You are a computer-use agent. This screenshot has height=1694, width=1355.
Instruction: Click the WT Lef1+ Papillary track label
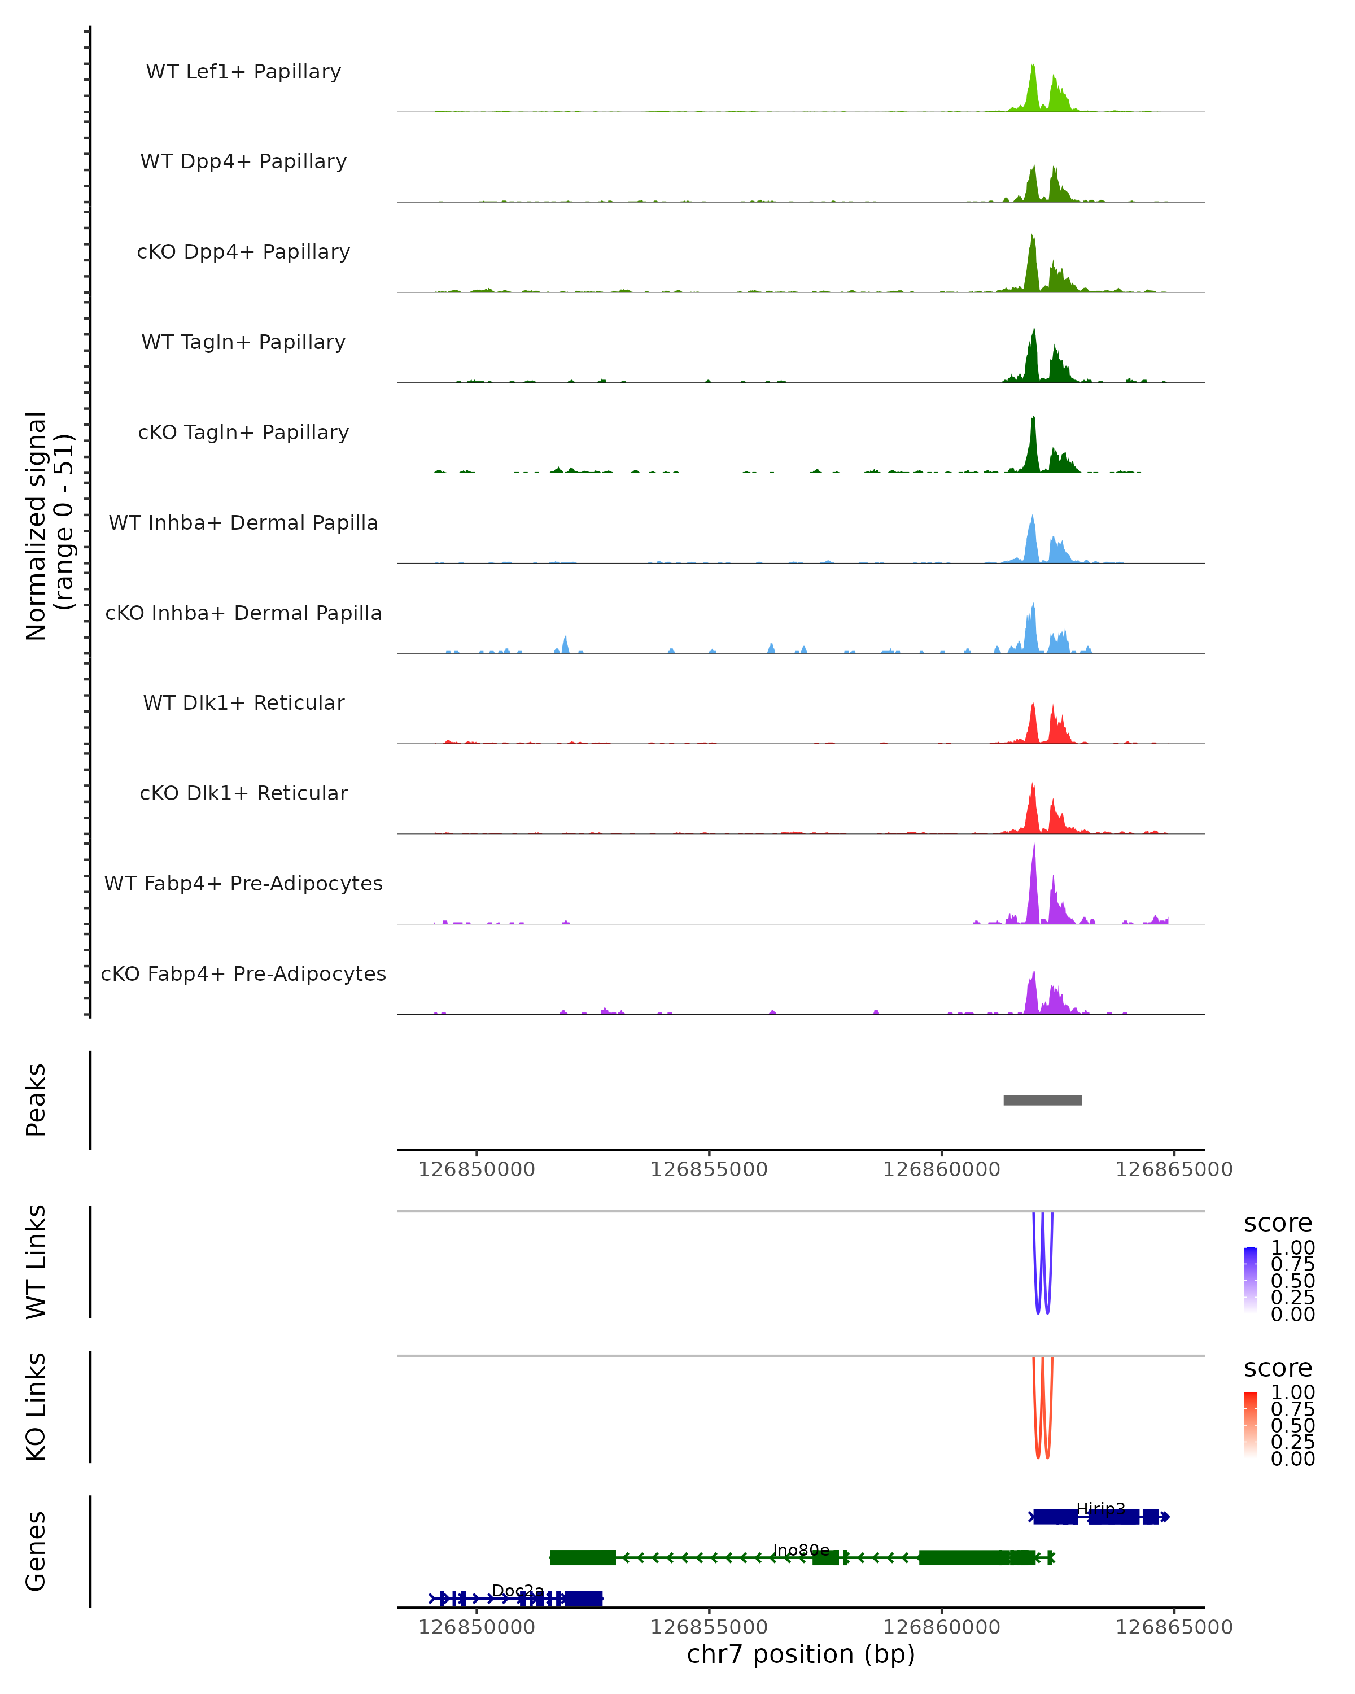click(x=243, y=72)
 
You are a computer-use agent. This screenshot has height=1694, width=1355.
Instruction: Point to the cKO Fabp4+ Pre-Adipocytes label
click(x=243, y=973)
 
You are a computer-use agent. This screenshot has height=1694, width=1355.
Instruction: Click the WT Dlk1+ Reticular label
click(x=243, y=702)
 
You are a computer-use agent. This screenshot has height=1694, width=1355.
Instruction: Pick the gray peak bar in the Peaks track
click(x=1042, y=1100)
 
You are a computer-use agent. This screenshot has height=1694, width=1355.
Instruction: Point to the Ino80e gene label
click(x=801, y=1549)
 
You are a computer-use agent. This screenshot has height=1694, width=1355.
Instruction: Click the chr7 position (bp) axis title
click(x=801, y=1654)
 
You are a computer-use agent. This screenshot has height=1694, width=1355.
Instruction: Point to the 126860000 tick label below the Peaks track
click(x=941, y=1169)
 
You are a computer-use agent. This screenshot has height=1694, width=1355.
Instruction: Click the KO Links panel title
click(x=36, y=1407)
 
